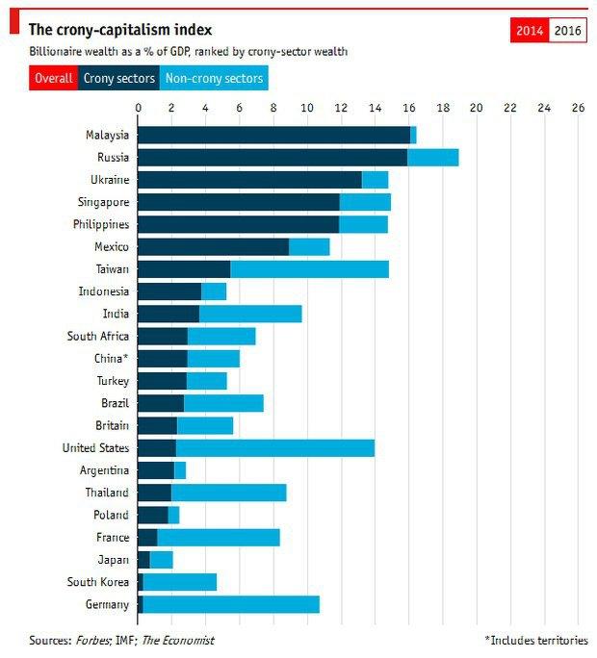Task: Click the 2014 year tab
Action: pyautogui.click(x=530, y=31)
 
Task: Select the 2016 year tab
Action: pyautogui.click(x=567, y=31)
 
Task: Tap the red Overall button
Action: pyautogui.click(x=53, y=78)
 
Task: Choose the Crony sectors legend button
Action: pyautogui.click(x=118, y=78)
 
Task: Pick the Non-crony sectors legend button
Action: pyautogui.click(x=214, y=78)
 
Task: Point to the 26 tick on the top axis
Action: pyautogui.click(x=578, y=108)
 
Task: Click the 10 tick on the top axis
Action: pyautogui.click(x=307, y=108)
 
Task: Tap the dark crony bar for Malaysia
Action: pyautogui.click(x=273, y=135)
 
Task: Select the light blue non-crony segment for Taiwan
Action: pyautogui.click(x=309, y=269)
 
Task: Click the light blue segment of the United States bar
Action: pyautogui.click(x=274, y=448)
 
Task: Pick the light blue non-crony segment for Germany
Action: pyautogui.click(x=230, y=604)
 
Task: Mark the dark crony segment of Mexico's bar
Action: pyautogui.click(x=213, y=247)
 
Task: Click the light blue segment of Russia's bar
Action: pyautogui.click(x=432, y=158)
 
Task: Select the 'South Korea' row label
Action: pyautogui.click(x=98, y=582)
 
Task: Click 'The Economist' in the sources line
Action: pyautogui.click(x=178, y=640)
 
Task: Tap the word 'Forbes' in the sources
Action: pyautogui.click(x=94, y=640)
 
